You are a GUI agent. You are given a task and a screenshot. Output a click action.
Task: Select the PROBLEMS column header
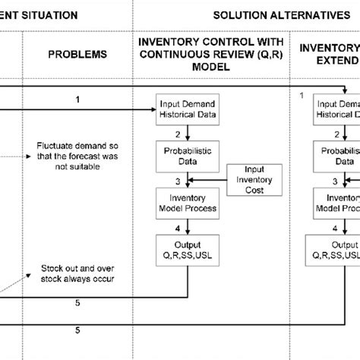pyautogui.click(x=78, y=55)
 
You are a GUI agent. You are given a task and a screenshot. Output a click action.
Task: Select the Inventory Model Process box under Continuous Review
pyautogui.click(x=187, y=203)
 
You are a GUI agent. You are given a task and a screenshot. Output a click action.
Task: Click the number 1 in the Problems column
pyautogui.click(x=78, y=99)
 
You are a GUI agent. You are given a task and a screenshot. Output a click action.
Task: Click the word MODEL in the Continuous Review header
pyautogui.click(x=187, y=67)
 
